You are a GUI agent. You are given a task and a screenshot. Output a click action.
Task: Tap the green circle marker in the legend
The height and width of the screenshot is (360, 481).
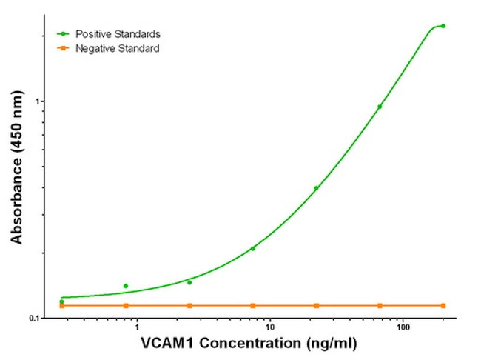pyautogui.click(x=64, y=34)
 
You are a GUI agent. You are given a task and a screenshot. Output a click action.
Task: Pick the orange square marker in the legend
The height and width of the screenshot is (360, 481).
pyautogui.click(x=64, y=48)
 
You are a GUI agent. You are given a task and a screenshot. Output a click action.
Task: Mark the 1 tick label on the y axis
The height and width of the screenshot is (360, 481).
pyautogui.click(x=39, y=101)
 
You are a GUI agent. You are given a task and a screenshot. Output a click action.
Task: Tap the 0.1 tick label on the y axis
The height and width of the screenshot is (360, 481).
pyautogui.click(x=35, y=319)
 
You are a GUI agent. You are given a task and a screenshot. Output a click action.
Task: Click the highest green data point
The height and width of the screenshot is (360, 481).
pyautogui.click(x=443, y=26)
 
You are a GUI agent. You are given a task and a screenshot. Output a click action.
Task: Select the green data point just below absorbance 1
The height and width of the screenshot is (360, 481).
pyautogui.click(x=380, y=107)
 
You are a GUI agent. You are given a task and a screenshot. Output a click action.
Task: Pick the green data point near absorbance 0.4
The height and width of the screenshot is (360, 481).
pyautogui.click(x=317, y=188)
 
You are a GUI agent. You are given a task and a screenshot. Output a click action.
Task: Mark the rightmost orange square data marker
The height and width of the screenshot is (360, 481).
pyautogui.click(x=443, y=305)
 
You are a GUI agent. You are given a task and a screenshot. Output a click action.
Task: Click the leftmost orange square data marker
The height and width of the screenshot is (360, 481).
pyautogui.click(x=62, y=305)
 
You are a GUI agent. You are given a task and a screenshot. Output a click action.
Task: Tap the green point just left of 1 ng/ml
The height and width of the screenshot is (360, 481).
pyautogui.click(x=126, y=286)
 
